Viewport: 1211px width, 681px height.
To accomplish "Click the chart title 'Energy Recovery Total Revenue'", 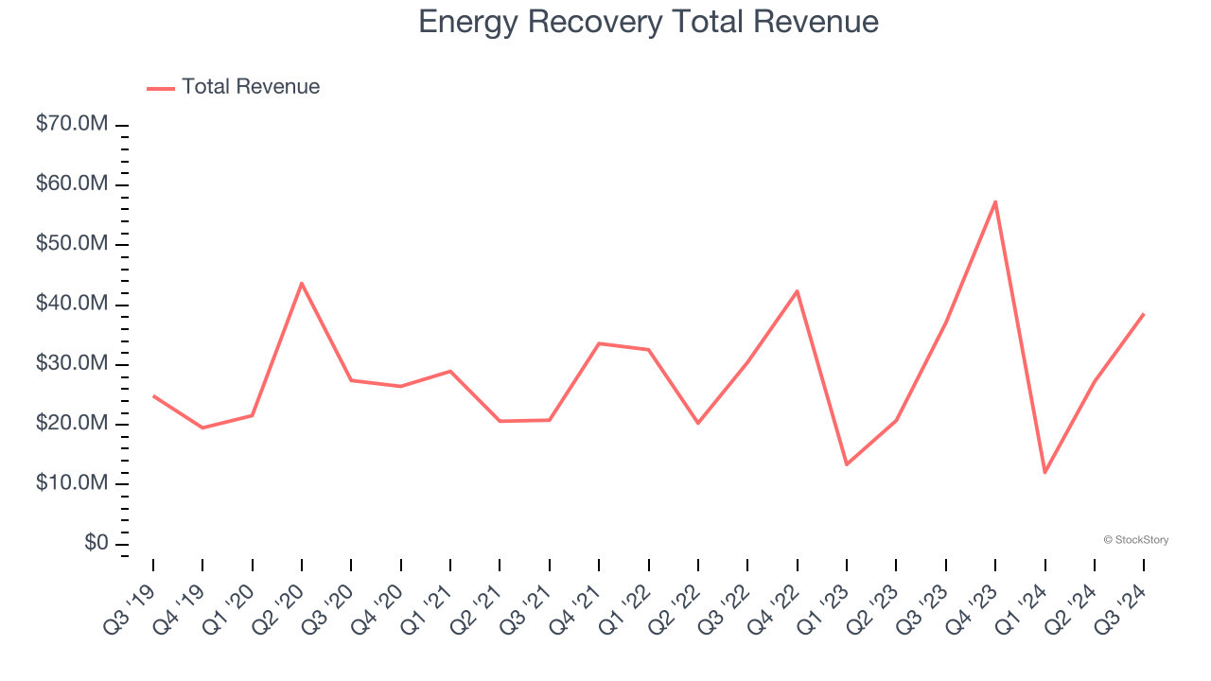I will click(648, 22).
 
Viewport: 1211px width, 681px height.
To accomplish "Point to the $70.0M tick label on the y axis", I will click(72, 125).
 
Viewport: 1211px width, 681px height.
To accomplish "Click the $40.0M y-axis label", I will click(72, 305).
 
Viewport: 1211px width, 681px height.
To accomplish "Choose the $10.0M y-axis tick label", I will click(72, 483).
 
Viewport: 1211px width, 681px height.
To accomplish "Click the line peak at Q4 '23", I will click(995, 201).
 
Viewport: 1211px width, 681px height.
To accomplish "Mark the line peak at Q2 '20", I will click(302, 283).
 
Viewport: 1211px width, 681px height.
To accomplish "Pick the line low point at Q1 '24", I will click(1044, 472).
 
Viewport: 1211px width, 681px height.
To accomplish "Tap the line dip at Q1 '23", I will click(847, 464).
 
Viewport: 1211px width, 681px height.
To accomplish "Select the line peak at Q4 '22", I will click(798, 291).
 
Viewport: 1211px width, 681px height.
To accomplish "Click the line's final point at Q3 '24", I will click(1144, 314).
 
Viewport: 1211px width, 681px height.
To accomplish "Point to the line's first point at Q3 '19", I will click(153, 396).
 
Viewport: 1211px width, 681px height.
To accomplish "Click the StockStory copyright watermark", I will click(1135, 540).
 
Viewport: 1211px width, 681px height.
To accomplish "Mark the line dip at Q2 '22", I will click(698, 423).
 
